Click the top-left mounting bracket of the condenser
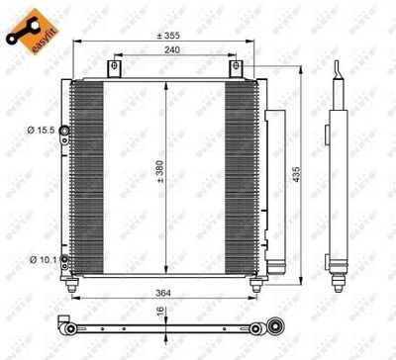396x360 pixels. [115, 70]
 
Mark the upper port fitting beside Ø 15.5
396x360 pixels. [64, 131]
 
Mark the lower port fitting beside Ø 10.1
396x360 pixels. [64, 259]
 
